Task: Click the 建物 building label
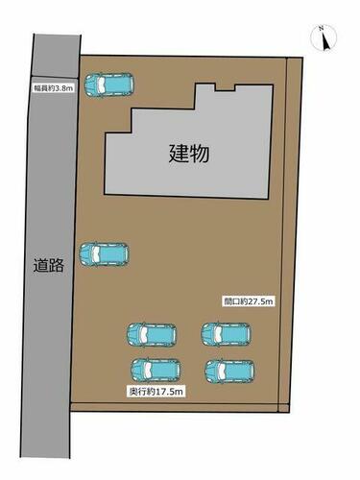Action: [189, 154]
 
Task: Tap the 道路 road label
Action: [49, 265]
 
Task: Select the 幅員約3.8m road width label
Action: [54, 88]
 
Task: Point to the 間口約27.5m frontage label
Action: [249, 301]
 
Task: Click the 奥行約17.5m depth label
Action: [156, 392]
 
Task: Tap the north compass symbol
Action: [324, 38]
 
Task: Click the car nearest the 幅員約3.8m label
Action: [108, 84]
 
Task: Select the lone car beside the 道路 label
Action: [104, 254]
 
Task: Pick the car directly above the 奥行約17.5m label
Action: [156, 371]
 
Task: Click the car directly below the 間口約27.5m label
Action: [227, 334]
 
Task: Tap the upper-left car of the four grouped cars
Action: [152, 335]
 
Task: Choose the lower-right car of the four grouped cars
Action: [229, 372]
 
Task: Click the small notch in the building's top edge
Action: [225, 87]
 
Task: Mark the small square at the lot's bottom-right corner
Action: [284, 408]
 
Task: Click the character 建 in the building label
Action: [179, 154]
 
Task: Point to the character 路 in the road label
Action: [57, 266]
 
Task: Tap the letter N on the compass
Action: [321, 29]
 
